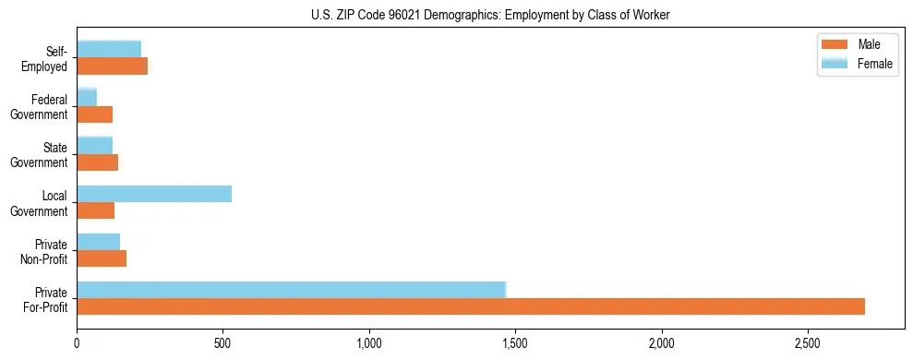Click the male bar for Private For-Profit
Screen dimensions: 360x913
471,306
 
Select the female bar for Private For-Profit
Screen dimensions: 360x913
291,289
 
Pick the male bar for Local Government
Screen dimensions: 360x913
96,210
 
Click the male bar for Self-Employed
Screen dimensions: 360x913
112,66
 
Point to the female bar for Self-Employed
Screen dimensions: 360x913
109,49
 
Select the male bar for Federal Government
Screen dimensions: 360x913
95,114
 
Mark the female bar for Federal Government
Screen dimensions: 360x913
87,97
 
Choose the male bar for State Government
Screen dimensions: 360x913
98,162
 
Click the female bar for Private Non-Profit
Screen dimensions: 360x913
99,241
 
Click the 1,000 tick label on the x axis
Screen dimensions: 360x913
369,342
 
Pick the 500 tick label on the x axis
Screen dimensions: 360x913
223,342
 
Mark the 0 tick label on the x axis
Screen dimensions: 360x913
78,342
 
